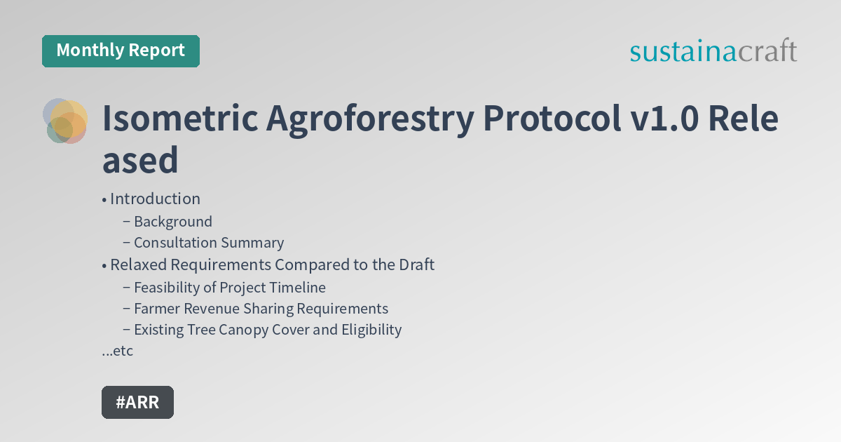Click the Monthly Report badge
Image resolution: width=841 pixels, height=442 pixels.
click(x=121, y=51)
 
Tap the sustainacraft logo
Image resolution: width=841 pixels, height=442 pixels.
click(x=713, y=51)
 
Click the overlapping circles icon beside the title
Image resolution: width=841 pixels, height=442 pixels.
click(x=65, y=121)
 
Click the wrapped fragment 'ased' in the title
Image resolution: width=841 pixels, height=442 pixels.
click(x=140, y=160)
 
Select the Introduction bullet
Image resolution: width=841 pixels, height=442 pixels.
click(x=155, y=199)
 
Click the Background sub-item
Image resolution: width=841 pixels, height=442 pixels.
click(x=172, y=222)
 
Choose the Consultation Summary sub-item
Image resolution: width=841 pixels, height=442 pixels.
click(x=209, y=243)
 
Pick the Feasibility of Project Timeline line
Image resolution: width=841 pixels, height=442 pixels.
click(x=229, y=287)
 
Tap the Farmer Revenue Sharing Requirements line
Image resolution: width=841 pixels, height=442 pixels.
click(x=261, y=309)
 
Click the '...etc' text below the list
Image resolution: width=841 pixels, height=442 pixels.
click(x=118, y=351)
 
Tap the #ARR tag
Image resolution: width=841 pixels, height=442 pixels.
click(x=137, y=402)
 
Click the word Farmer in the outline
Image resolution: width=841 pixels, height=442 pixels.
click(x=158, y=309)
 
